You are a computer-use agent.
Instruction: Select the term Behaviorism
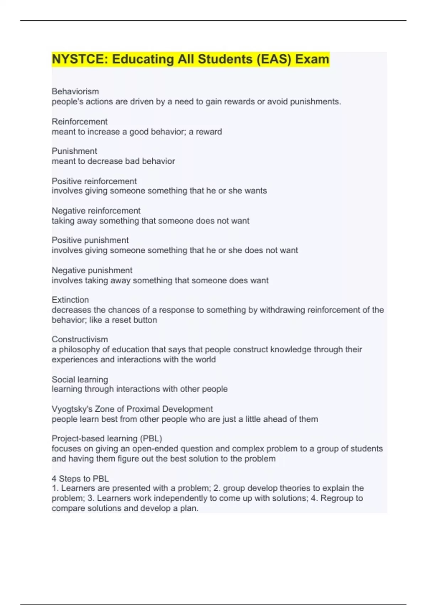pos(75,91)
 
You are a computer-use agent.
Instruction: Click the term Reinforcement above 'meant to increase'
pos(79,121)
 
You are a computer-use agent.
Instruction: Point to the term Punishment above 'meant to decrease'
pos(74,151)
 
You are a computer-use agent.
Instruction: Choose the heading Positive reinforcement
pos(94,181)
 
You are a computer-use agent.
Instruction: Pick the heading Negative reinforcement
pos(96,211)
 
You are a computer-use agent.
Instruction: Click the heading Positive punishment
pos(90,240)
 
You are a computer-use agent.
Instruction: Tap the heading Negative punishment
pos(92,270)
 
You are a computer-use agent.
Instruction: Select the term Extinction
pos(70,300)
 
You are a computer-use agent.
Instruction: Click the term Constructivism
pos(80,339)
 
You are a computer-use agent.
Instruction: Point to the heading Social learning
pos(80,379)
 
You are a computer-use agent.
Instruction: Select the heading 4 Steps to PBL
pos(80,479)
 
